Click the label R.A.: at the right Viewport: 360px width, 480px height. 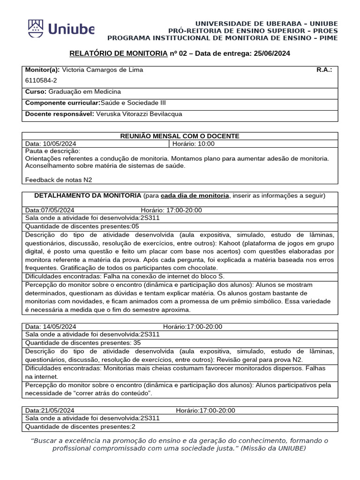[x=324, y=70]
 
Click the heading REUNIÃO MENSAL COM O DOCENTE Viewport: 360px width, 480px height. [x=180, y=136]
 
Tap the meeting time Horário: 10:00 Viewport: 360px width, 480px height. [x=194, y=144]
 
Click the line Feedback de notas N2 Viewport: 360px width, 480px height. [x=59, y=180]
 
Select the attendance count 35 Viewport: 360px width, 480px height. [x=137, y=343]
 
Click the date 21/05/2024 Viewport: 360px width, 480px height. [x=58, y=411]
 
